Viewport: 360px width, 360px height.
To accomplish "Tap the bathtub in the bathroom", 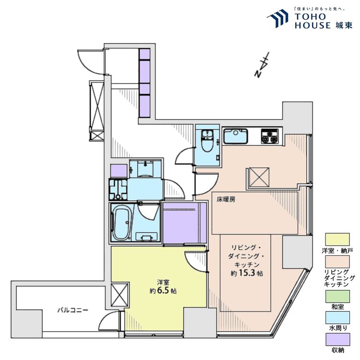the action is tap(122, 222).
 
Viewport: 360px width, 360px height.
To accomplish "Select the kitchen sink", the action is tap(236, 136).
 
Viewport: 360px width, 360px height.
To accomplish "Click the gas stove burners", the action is tap(270, 137).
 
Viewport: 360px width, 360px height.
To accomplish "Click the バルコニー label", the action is tap(72, 310).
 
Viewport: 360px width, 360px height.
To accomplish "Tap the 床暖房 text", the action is tap(226, 200).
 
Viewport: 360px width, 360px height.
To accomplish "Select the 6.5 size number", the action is tap(163, 290).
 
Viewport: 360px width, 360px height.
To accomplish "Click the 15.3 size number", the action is tap(247, 273).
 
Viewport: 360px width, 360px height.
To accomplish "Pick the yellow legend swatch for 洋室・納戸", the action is tap(337, 240).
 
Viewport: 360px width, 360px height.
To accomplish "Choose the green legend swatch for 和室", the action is tap(337, 296).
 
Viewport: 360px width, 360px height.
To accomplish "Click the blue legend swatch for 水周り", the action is tap(337, 318).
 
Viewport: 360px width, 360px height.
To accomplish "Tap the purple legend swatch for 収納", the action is tap(337, 339).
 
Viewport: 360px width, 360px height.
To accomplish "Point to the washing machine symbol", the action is tap(118, 189).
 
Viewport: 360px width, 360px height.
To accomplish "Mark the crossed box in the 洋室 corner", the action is tap(120, 295).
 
